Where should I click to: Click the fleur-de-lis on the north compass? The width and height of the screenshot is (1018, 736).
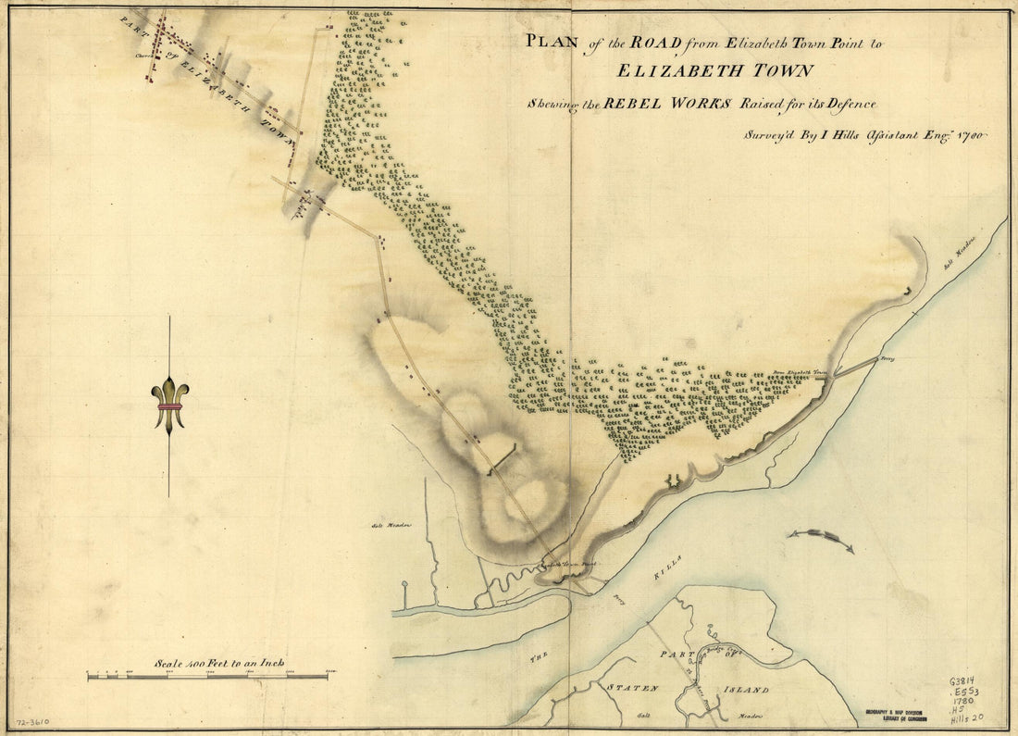[x=170, y=405]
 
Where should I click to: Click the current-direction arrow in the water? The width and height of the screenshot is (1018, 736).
[x=820, y=540]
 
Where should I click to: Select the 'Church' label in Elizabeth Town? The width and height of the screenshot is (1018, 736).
[x=143, y=55]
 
